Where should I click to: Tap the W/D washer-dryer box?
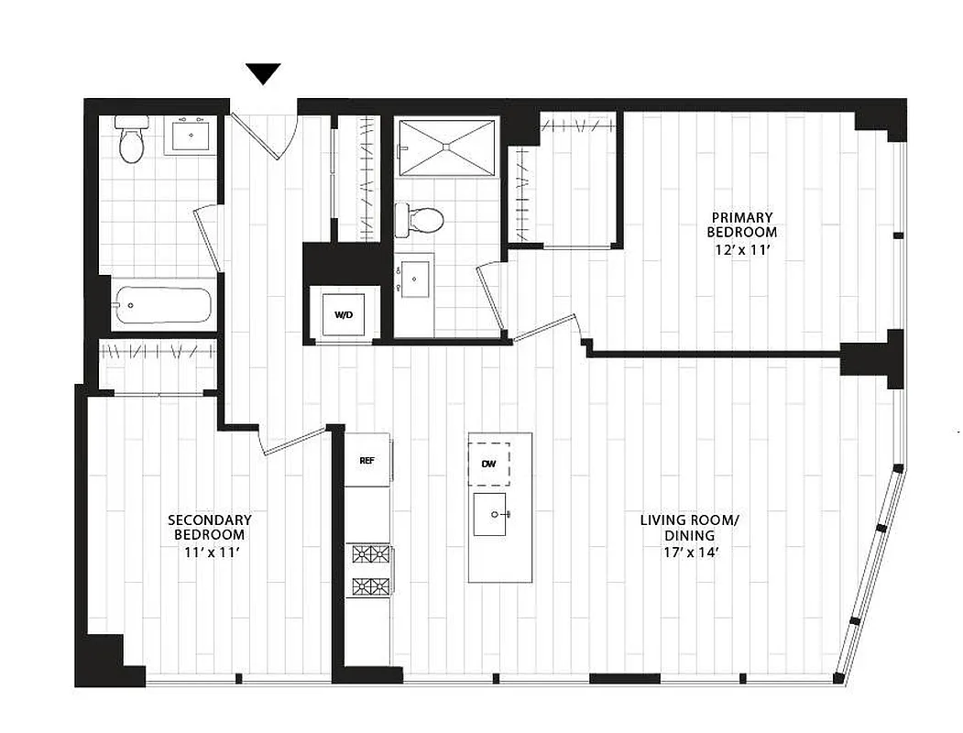coord(344,314)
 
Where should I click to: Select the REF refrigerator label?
coord(366,459)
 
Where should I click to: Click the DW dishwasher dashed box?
coord(488,465)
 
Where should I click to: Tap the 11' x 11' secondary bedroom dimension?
coord(209,552)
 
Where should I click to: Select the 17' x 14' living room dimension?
coord(689,552)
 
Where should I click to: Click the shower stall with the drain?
coord(448,146)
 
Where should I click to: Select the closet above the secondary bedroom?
coord(158,365)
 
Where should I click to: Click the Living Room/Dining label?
coord(689,528)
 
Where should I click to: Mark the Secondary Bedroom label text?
coord(209,527)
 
